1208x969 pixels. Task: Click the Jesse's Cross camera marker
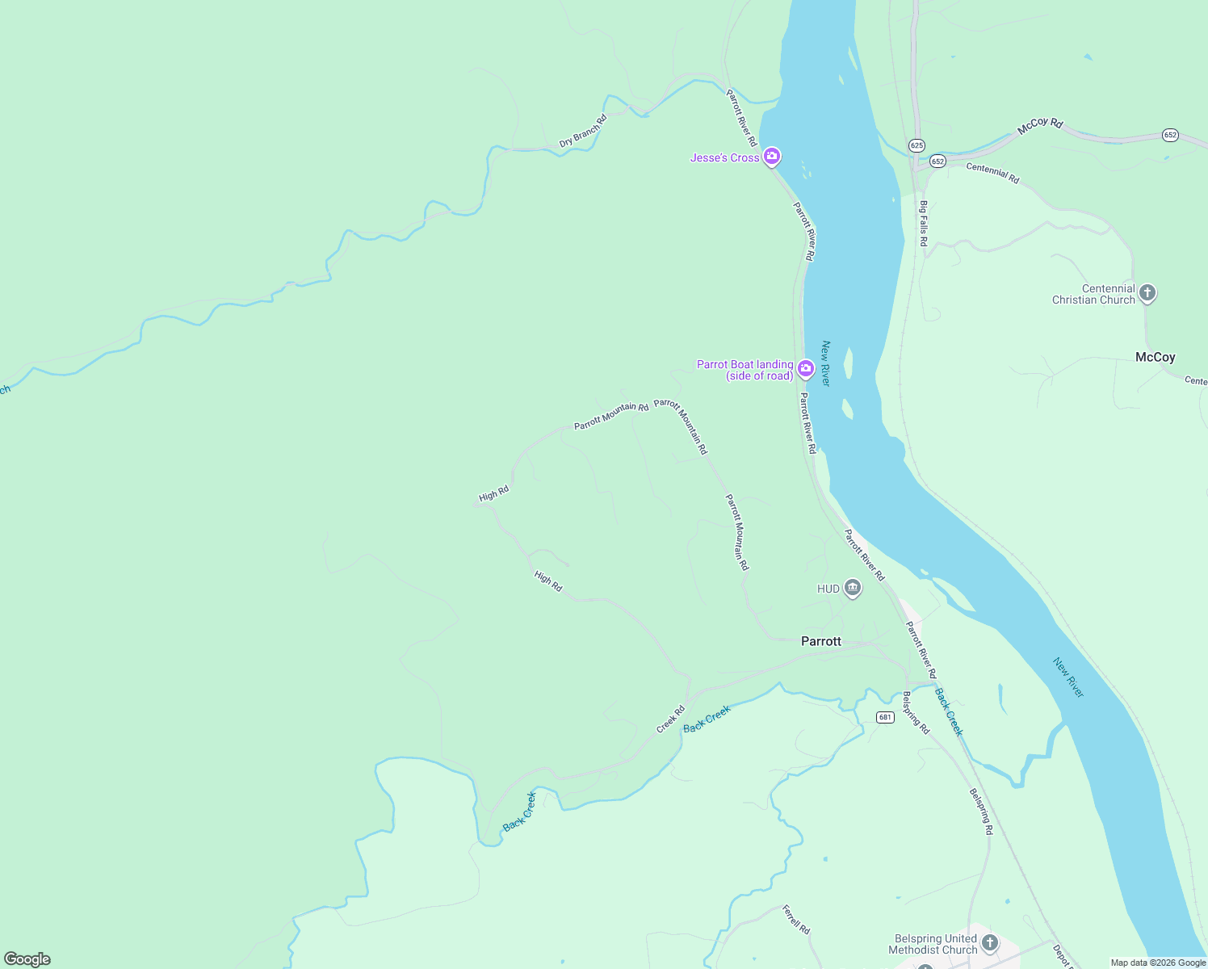772,156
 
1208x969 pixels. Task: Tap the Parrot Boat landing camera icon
805,369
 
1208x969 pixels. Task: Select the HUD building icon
852,588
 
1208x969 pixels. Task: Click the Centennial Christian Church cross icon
1147,293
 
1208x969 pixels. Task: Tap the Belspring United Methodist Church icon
989,942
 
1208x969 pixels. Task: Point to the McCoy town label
1155,357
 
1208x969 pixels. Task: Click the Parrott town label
820,641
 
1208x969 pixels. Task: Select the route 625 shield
916,145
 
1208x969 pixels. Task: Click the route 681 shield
885,717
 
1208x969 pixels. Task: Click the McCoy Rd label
1040,125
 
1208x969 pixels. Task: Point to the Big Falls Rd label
923,223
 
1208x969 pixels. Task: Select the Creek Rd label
670,719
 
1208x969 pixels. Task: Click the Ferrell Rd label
795,919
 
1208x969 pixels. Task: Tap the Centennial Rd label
992,173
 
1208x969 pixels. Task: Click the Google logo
27,959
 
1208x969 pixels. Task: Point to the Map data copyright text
1158,963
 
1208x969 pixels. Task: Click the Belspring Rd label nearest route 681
916,712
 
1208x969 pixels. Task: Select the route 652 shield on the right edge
1170,134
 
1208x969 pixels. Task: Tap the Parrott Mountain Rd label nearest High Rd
611,417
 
